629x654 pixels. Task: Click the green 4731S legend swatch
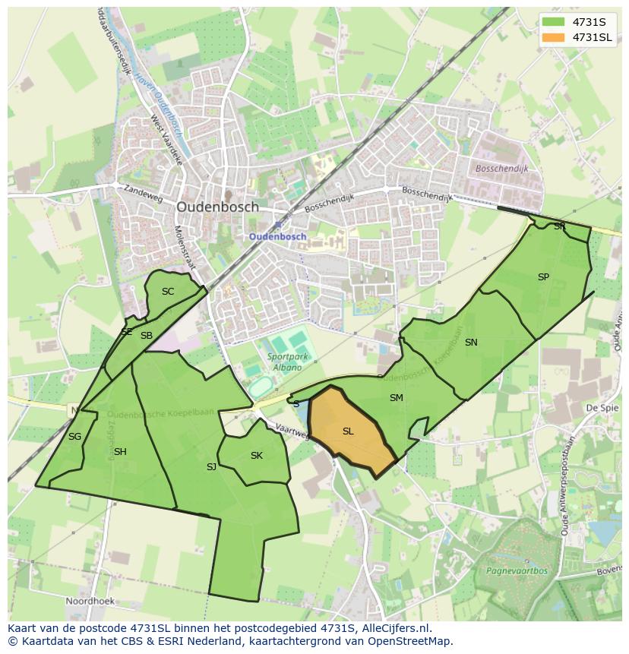[554, 21]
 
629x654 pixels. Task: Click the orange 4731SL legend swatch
[554, 37]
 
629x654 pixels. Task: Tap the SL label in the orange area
[348, 431]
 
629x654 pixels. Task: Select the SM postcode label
[396, 398]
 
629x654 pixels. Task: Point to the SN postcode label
[471, 343]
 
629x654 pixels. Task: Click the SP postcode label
[543, 277]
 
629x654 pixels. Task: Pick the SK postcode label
[257, 456]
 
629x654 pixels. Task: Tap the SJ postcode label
[211, 467]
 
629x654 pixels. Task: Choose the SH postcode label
[120, 452]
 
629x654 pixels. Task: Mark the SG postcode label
[74, 437]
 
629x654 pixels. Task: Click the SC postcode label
[168, 292]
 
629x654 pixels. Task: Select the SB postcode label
[147, 336]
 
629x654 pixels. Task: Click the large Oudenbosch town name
[217, 207]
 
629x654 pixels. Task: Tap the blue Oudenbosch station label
[278, 236]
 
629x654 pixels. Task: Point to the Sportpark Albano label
[283, 362]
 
